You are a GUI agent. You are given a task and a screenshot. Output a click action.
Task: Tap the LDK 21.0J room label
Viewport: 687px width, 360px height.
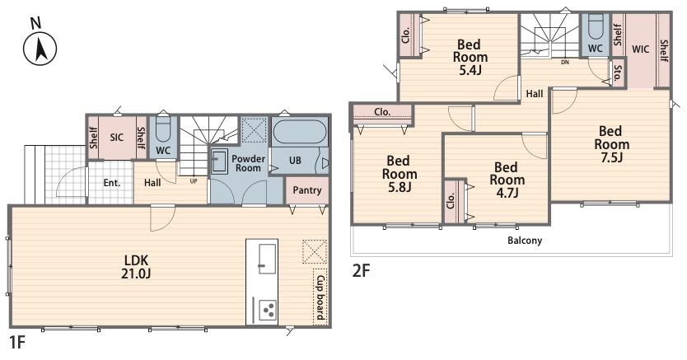(x=136, y=267)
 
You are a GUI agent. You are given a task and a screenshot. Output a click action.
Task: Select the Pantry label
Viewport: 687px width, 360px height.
(x=307, y=190)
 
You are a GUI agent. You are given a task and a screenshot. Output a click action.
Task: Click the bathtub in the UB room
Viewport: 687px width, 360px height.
(x=300, y=131)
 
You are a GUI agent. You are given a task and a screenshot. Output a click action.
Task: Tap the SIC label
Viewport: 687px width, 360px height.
(x=116, y=138)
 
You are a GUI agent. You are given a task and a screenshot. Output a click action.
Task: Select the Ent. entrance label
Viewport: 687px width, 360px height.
(x=112, y=183)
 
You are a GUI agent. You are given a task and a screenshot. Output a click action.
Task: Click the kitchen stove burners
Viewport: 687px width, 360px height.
(x=268, y=309)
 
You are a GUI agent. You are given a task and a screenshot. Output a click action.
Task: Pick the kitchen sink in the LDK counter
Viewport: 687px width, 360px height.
(x=267, y=259)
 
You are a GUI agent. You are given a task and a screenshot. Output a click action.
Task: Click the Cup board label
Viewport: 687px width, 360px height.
(x=320, y=297)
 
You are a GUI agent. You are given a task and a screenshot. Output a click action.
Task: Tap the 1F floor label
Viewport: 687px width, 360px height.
(x=16, y=342)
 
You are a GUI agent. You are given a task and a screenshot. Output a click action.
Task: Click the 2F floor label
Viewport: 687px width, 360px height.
(x=361, y=271)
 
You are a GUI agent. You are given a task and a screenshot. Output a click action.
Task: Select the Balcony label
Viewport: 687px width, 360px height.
(x=525, y=241)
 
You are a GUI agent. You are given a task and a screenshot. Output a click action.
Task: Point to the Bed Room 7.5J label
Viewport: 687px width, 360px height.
(x=611, y=144)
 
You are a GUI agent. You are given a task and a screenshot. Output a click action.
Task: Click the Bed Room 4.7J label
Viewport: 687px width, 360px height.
(x=507, y=180)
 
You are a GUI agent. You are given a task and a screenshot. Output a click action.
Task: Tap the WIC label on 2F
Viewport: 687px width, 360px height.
(x=640, y=49)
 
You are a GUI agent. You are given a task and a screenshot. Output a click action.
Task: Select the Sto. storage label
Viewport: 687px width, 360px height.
(x=617, y=73)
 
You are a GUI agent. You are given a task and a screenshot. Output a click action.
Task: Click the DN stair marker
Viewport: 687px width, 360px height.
(x=565, y=62)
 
